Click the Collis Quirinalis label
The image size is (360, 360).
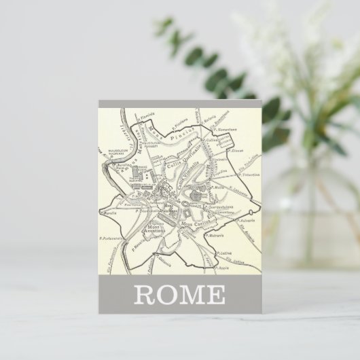click(x=179, y=165)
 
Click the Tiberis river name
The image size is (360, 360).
click(x=127, y=133)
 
